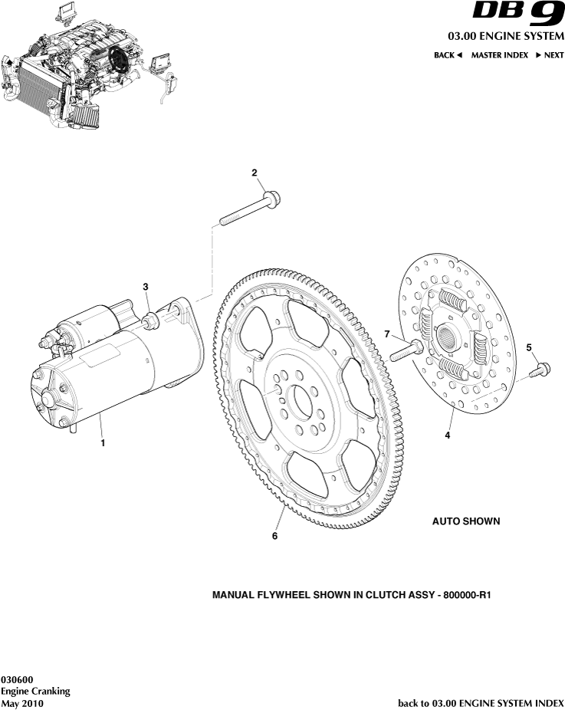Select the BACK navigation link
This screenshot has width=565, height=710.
coord(448,55)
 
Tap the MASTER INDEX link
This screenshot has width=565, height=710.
coord(499,55)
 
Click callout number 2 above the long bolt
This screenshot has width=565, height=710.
coord(254,173)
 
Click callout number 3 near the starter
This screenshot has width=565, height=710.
coord(146,286)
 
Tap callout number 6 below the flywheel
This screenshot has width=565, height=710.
coord(274,536)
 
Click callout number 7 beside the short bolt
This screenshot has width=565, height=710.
coord(387,334)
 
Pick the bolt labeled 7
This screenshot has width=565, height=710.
coord(406,351)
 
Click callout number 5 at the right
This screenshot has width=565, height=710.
coord(528,347)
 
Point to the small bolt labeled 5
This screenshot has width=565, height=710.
coord(540,370)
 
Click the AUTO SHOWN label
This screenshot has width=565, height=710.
coord(465,521)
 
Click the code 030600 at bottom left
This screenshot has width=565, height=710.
coord(17,679)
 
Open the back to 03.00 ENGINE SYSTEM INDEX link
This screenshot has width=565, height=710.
coord(481,702)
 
